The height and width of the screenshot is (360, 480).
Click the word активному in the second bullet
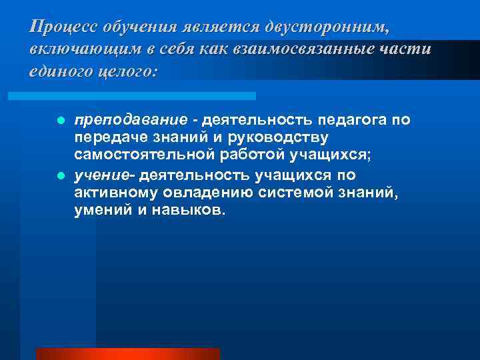[113, 193]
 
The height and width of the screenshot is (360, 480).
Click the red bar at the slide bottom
[127, 353]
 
